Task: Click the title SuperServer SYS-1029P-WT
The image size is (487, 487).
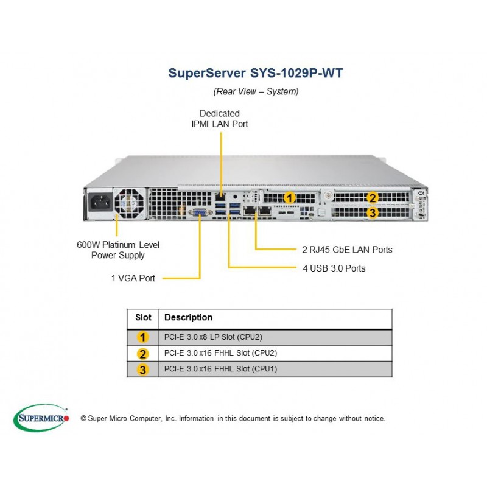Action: coord(256,73)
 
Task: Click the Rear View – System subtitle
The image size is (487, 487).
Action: coord(256,91)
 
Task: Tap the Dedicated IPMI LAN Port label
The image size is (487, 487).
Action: coord(220,119)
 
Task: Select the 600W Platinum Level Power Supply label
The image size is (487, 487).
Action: coord(118,250)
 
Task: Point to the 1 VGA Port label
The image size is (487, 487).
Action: coord(133,278)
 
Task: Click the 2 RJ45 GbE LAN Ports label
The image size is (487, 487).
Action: coord(347,250)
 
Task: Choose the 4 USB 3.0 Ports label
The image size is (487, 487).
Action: coord(334,268)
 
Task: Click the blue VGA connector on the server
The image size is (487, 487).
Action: coord(199,212)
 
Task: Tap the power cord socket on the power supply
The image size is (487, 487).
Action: coord(100,203)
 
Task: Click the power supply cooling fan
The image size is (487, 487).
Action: coord(129,203)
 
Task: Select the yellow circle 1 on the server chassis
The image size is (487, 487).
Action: coord(290,198)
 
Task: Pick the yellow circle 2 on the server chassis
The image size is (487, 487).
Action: coord(372,198)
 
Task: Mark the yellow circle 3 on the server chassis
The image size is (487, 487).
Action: coord(372,212)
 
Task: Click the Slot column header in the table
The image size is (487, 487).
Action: coord(143,317)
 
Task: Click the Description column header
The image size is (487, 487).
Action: coord(189,317)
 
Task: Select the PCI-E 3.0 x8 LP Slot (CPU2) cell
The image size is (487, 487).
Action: coord(214,337)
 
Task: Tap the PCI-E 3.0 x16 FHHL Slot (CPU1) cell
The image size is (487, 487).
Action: coord(220,369)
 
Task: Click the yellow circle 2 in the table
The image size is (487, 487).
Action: coord(143,354)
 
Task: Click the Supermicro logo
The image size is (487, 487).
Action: coord(41,418)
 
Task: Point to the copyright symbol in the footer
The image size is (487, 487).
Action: coord(83,419)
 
